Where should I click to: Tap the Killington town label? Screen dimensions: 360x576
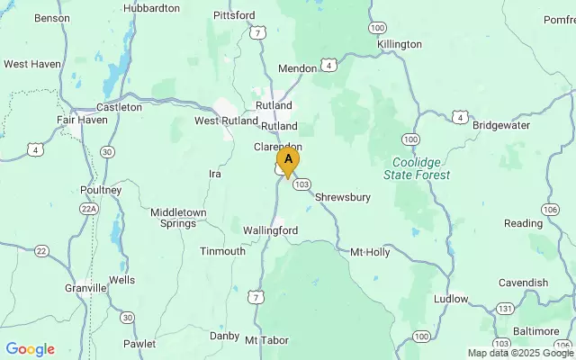coord(400,43)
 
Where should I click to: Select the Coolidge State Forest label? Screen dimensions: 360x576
coord(421,168)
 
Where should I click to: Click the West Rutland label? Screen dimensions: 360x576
coord(220,121)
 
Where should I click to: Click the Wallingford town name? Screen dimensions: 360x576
coord(270,230)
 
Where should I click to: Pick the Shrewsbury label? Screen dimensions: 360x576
coord(343,197)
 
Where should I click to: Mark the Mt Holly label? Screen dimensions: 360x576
coord(370,252)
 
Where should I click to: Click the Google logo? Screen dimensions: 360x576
coord(30,349)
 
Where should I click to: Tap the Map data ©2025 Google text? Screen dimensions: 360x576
coord(520,354)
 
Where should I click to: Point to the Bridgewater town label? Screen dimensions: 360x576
coord(502,125)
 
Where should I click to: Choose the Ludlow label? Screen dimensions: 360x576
coord(451,298)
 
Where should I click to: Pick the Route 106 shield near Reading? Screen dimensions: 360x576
coord(549,209)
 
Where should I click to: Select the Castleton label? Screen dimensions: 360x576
coord(119,106)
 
